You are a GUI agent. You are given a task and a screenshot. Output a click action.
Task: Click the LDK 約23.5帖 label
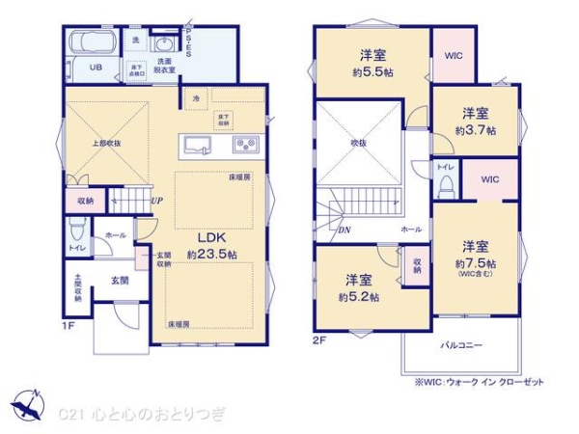211,246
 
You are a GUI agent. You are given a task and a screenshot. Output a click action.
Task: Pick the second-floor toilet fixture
446,184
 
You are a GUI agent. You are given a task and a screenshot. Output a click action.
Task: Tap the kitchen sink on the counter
201,147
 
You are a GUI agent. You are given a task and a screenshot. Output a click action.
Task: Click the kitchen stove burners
244,147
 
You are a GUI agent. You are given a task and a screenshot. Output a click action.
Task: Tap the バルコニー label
463,344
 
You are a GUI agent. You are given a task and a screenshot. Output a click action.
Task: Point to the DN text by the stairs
345,230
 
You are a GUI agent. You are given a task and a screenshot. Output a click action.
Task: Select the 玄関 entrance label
119,281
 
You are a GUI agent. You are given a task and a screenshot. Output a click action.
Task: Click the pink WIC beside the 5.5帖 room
454,56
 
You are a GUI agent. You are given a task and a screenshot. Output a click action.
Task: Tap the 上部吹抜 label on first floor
106,144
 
